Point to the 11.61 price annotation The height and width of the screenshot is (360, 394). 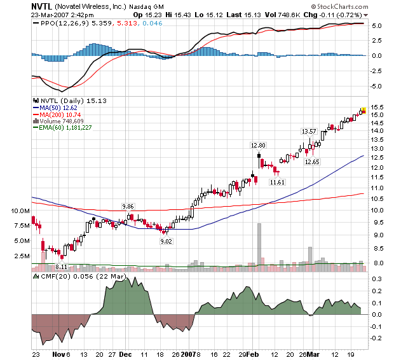pos(277,183)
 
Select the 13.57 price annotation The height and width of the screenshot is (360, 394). pos(309,132)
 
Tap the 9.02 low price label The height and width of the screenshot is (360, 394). pos(166,241)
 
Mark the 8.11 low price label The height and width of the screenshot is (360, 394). pos(62,267)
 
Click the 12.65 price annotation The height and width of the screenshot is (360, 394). pos(312,162)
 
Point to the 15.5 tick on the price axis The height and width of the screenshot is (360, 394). pos(377,107)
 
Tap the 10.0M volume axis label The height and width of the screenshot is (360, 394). pos(19,211)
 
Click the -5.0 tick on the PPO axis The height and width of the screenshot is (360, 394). pos(377,86)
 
